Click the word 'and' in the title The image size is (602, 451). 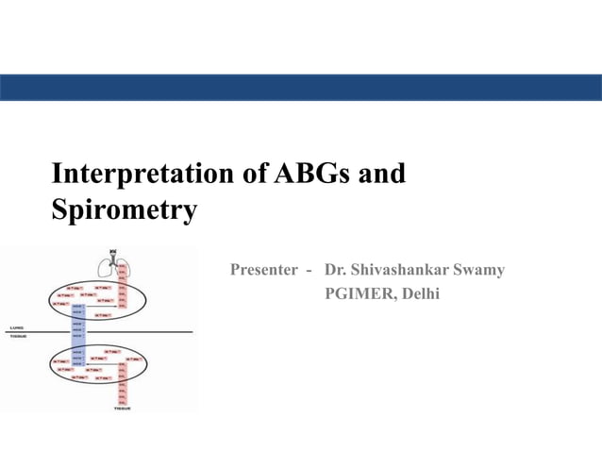[382, 174]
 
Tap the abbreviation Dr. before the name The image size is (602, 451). [335, 271]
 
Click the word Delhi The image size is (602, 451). [420, 294]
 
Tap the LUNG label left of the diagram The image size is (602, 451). [17, 327]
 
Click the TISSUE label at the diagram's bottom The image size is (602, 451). [121, 409]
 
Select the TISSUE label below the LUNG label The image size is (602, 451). [19, 335]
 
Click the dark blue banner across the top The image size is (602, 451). [301, 88]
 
